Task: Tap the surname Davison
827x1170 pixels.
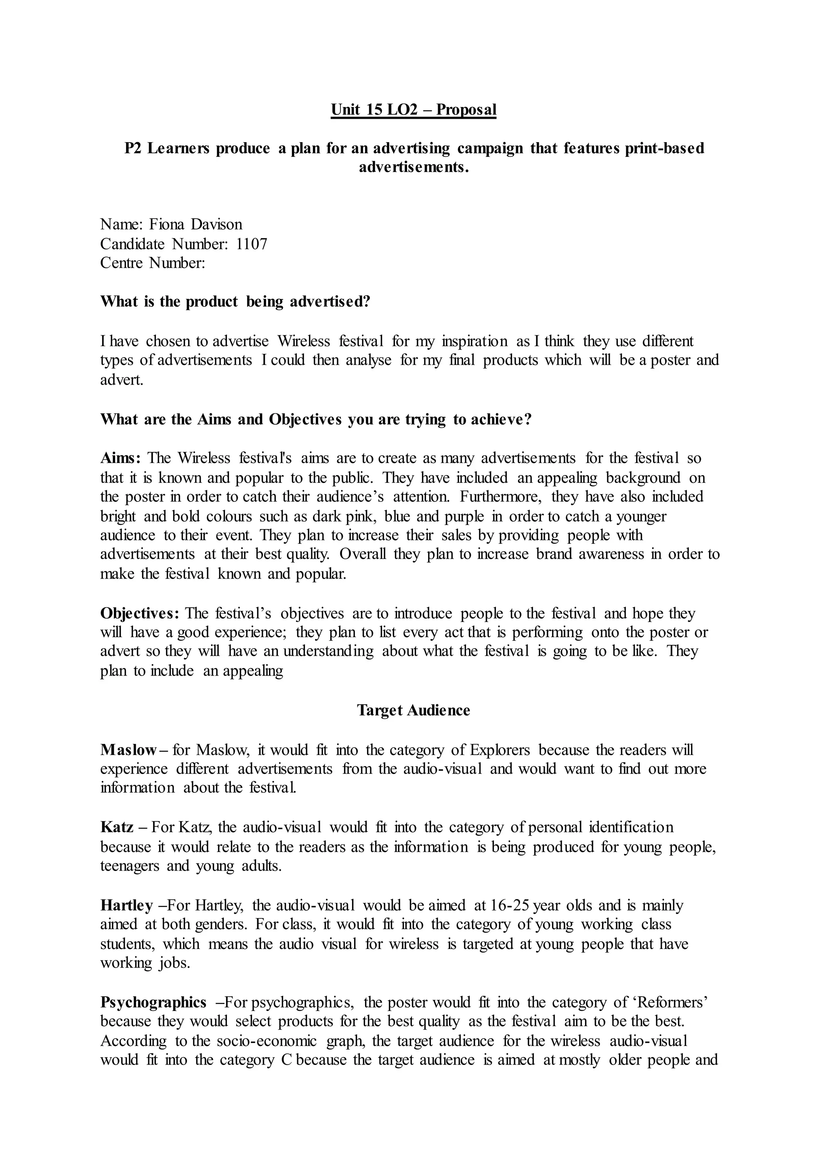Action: coord(216,224)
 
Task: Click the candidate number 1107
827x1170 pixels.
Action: coord(252,244)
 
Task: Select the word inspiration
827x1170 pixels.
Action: coord(474,341)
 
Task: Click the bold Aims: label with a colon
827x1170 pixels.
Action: coord(120,458)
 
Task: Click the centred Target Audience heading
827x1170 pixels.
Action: coord(413,710)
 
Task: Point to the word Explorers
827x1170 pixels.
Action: coord(500,749)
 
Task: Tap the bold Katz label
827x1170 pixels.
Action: coord(117,827)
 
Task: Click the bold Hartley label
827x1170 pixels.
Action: coord(127,905)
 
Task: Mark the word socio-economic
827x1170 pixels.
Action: coord(267,1041)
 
